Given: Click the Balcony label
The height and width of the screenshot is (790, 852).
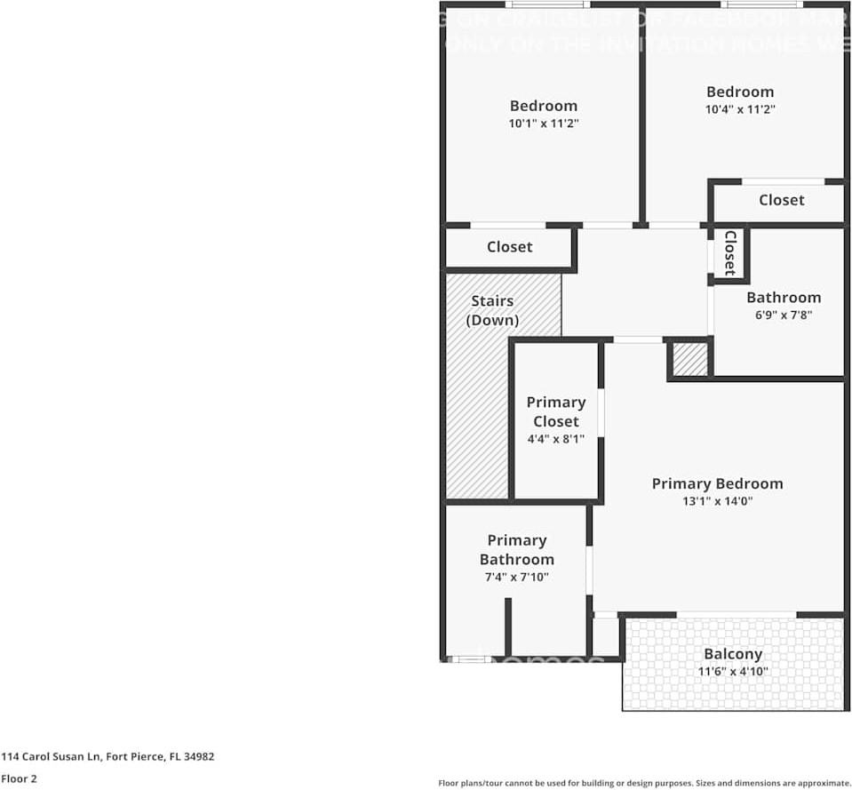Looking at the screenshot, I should point(733,654).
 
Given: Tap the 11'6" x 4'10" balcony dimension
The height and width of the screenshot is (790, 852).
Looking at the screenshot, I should point(733,672).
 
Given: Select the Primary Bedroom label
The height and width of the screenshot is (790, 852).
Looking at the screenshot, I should point(717,483).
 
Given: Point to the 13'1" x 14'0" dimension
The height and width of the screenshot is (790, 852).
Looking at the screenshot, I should point(717,501).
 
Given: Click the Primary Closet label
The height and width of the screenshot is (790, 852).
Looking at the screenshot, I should point(555,411).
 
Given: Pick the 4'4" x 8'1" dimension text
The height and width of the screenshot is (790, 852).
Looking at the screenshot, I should point(555,439).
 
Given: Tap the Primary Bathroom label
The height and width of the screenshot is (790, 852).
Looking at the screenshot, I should point(516,549).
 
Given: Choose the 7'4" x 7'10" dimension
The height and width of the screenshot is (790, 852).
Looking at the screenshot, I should point(516,577).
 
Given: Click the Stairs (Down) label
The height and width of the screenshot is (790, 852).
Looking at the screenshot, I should point(492,310).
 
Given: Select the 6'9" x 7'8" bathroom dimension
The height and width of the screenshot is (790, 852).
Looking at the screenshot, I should point(783,315).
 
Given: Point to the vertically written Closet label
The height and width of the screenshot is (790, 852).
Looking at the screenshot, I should point(729,252).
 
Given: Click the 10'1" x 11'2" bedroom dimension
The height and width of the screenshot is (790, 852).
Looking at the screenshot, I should point(544,124).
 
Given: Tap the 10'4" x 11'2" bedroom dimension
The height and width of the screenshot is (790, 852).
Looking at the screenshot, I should point(739,109).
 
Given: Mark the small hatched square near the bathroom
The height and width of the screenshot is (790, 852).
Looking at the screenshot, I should point(689,359).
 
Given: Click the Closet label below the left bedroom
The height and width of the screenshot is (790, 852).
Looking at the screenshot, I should point(509,246).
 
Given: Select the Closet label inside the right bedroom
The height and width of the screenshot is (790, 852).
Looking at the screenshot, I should point(781,200).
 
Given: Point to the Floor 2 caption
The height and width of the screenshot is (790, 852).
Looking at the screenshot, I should point(19,778).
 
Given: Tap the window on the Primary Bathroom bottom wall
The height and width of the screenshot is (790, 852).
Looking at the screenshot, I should point(469,659).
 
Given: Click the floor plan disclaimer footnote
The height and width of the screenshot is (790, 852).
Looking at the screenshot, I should point(644,783).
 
